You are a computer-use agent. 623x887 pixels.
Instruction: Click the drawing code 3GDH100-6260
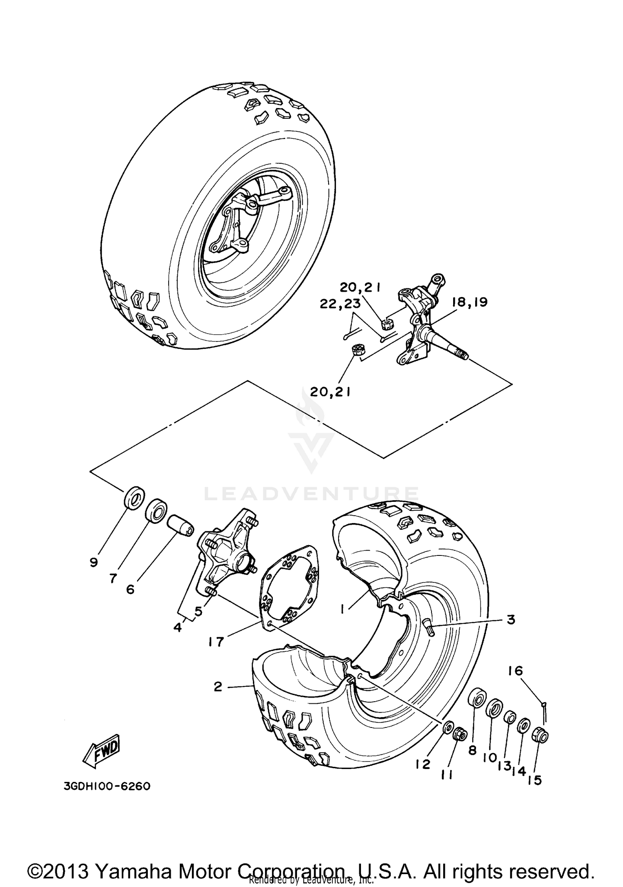(x=107, y=787)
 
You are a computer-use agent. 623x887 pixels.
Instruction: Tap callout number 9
(x=93, y=563)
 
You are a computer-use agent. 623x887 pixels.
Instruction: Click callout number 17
(x=216, y=641)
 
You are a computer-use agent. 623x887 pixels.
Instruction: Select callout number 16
(x=515, y=671)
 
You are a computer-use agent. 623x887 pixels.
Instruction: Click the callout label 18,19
(x=469, y=302)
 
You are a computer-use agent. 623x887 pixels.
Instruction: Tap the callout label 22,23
(x=340, y=304)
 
